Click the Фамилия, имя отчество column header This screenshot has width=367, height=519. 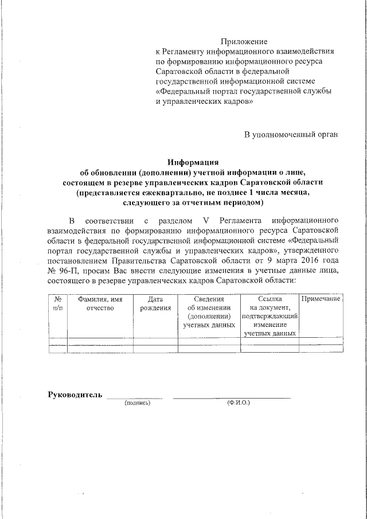tap(100, 303)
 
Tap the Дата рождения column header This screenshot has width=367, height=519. tap(155, 303)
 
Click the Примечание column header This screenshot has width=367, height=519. tap(321, 299)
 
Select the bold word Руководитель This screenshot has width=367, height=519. tap(75, 395)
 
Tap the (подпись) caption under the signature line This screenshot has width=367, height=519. tap(137, 403)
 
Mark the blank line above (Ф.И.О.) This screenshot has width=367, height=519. tap(232, 397)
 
